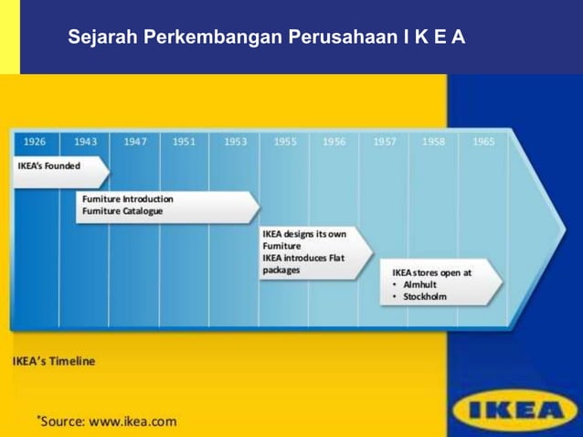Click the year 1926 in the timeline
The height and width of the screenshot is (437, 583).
(x=35, y=142)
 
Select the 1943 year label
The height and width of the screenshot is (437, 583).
(x=85, y=142)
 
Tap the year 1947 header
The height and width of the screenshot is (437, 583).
(x=135, y=142)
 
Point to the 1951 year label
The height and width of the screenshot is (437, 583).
(x=184, y=142)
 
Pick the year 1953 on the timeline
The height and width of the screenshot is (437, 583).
(x=235, y=142)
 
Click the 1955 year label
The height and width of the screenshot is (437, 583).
(x=285, y=142)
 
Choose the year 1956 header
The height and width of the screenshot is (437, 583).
(x=334, y=142)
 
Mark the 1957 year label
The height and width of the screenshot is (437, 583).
(x=384, y=142)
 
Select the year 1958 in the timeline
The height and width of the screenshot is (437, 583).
(x=434, y=142)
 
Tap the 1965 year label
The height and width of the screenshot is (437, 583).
(x=483, y=142)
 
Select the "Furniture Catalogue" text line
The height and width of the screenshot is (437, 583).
(x=122, y=211)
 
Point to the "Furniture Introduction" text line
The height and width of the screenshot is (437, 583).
(x=127, y=198)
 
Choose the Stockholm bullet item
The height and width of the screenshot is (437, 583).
(x=425, y=296)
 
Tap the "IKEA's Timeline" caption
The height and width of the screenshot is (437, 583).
(x=54, y=361)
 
